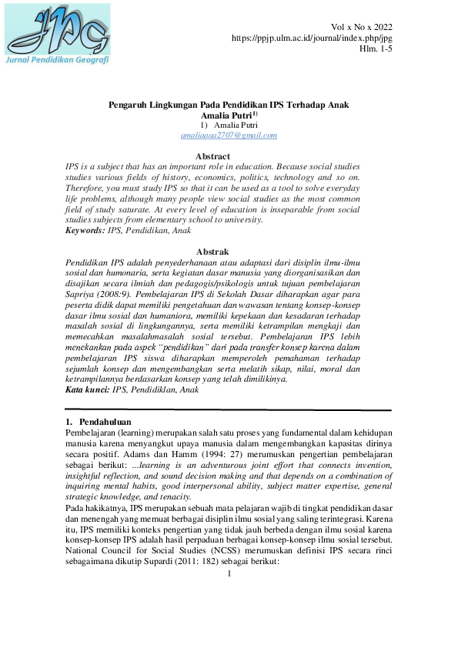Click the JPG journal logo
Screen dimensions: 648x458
coord(57,29)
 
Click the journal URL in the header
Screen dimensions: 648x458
coord(312,38)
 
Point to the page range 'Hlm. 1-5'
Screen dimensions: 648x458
coord(376,48)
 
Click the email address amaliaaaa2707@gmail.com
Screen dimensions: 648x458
coord(229,135)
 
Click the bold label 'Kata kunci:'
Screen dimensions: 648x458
coord(88,390)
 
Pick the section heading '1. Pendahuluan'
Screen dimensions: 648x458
coord(99,422)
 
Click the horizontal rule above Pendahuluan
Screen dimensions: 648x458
coord(229,410)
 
